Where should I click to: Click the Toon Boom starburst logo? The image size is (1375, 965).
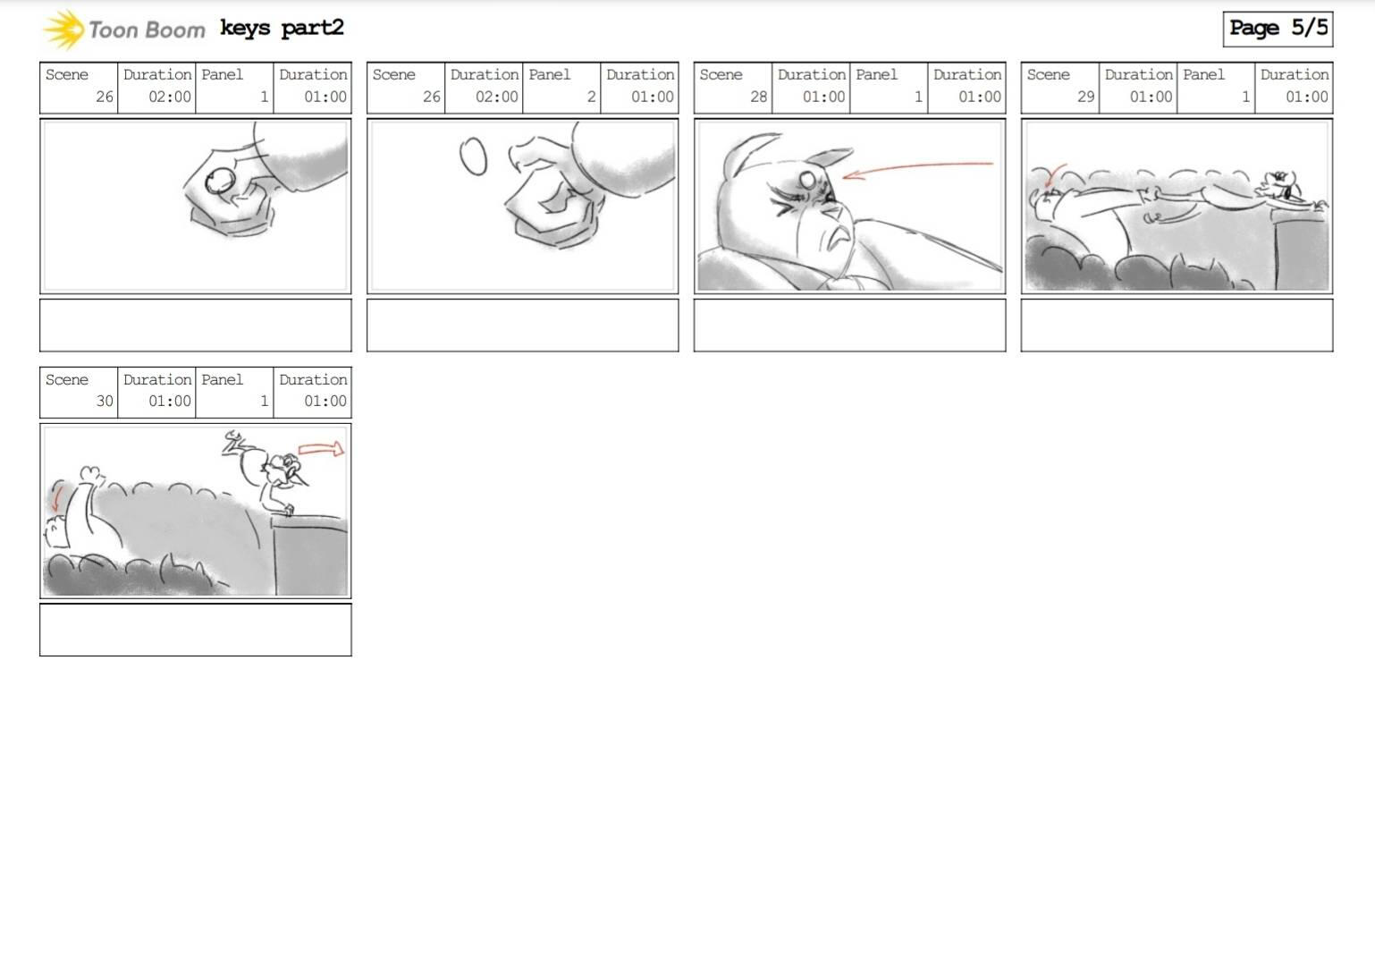(63, 30)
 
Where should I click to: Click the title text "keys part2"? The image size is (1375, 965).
(282, 29)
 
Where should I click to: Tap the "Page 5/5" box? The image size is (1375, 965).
(1278, 29)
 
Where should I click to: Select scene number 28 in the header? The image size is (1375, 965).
(759, 97)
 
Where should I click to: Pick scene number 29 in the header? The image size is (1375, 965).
(1086, 97)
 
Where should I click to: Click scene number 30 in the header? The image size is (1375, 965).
(105, 401)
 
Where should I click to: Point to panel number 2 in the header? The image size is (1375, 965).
(591, 97)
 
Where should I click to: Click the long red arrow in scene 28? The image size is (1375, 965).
(917, 168)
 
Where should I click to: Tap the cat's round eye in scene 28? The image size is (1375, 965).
(807, 180)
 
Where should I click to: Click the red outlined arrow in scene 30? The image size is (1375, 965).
(321, 449)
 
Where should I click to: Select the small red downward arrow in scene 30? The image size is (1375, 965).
(57, 497)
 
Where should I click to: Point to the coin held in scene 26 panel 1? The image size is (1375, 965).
(220, 182)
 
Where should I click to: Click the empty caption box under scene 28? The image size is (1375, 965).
(849, 325)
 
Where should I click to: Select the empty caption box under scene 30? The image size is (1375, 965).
(196, 630)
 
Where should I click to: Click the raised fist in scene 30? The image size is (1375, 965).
(91, 475)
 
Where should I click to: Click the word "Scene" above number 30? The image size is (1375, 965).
(67, 379)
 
